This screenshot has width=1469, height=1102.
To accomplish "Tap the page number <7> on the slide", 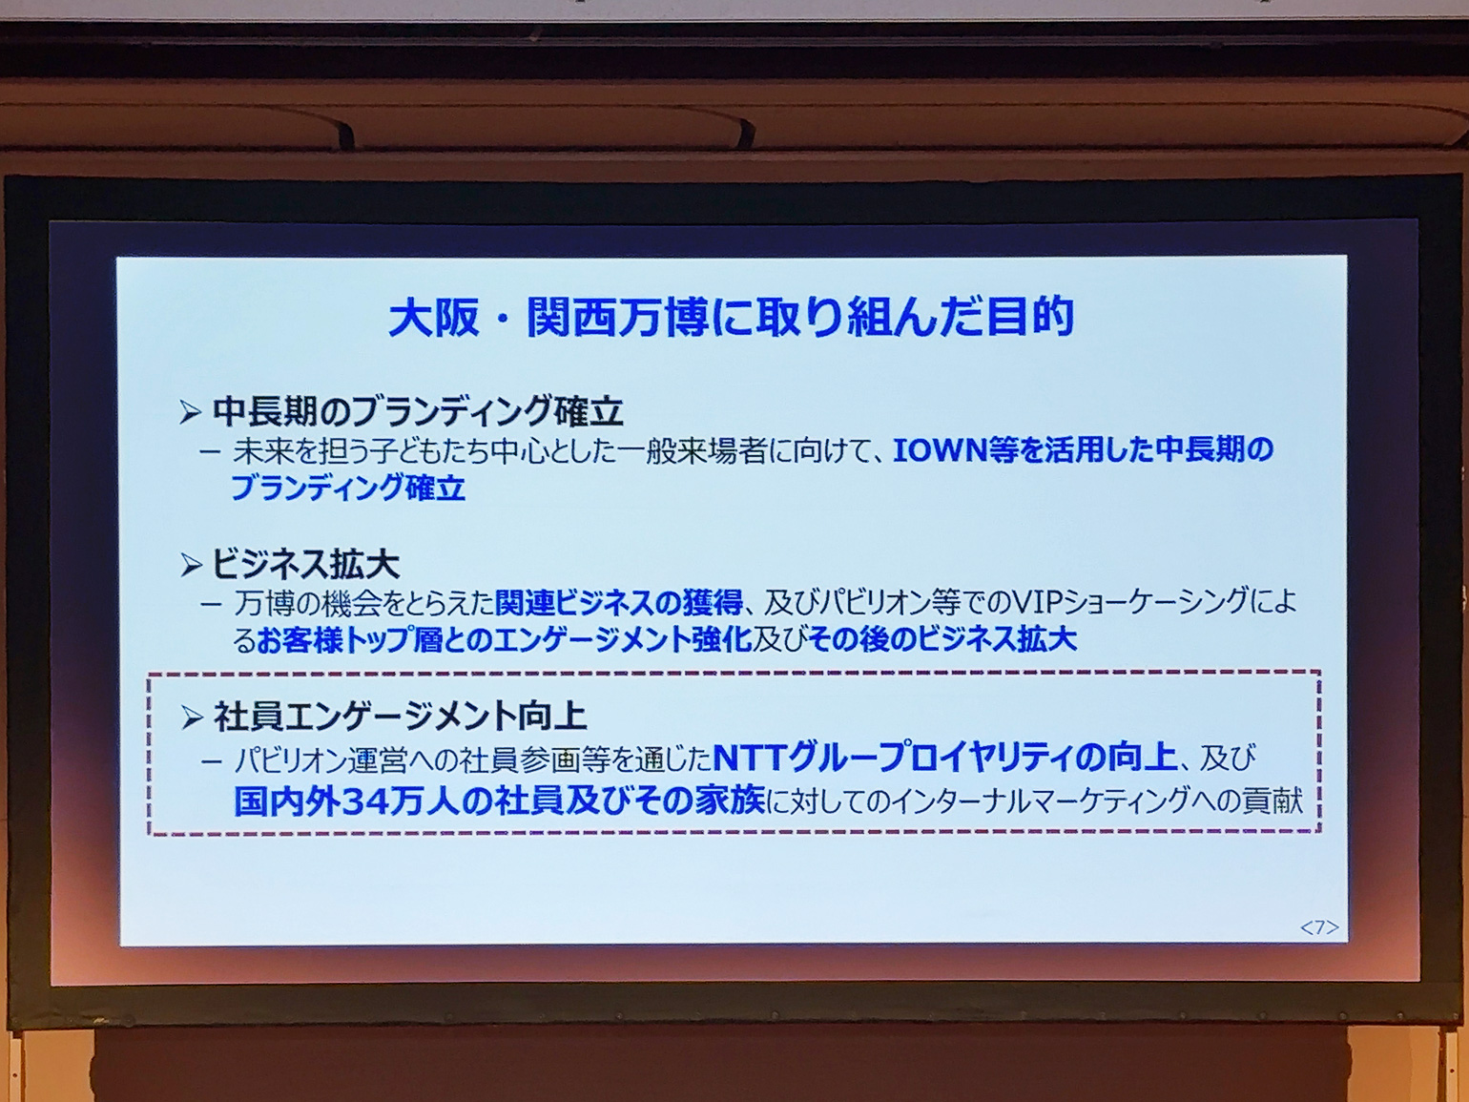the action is tap(1319, 926).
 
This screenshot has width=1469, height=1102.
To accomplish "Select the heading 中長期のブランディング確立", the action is tap(418, 412).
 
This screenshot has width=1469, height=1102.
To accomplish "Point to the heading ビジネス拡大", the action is tap(305, 566).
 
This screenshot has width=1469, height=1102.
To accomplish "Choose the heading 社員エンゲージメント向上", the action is tap(400, 717).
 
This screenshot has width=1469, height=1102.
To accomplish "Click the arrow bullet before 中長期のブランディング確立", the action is tap(191, 413).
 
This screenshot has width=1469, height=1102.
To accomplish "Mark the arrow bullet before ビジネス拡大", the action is tap(191, 566).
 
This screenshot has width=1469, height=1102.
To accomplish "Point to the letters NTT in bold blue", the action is tap(750, 759).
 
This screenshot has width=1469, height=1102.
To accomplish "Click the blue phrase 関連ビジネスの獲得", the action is tap(618, 602).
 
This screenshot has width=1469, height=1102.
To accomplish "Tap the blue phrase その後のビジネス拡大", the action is tap(941, 640).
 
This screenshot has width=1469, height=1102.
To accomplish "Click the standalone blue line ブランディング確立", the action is tap(348, 488).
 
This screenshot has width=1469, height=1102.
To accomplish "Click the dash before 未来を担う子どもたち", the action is tap(210, 451).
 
